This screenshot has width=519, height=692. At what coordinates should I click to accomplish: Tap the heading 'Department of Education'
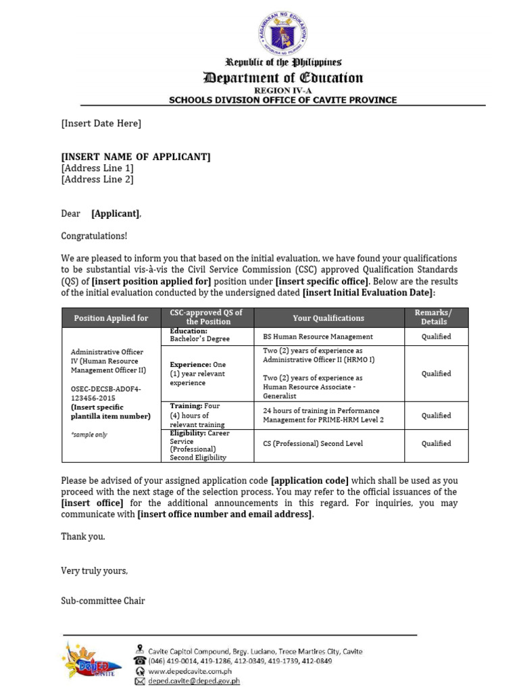tap(284, 78)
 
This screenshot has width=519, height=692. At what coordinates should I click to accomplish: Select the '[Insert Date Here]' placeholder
tap(101, 123)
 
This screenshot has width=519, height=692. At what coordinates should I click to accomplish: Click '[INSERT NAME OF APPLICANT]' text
tap(136, 157)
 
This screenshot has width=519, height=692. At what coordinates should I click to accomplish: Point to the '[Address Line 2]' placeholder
tap(97, 179)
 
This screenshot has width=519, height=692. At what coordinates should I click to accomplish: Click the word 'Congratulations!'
tap(94, 236)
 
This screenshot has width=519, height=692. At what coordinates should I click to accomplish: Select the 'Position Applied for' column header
tap(111, 318)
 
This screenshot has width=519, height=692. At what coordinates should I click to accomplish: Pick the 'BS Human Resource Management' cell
tap(318, 337)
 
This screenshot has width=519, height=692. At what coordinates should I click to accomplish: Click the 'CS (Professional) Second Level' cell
tap(313, 444)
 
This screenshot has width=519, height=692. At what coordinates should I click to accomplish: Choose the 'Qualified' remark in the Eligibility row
tap(436, 444)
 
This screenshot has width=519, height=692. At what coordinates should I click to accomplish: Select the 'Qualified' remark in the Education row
tap(436, 337)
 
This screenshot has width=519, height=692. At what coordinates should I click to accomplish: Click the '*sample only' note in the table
tap(89, 435)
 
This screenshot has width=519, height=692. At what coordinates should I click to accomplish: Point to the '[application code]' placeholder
tap(310, 480)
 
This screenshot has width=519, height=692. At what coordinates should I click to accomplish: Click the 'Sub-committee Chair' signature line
tap(103, 601)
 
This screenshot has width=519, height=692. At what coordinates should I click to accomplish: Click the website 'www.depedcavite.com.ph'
tap(190, 672)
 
